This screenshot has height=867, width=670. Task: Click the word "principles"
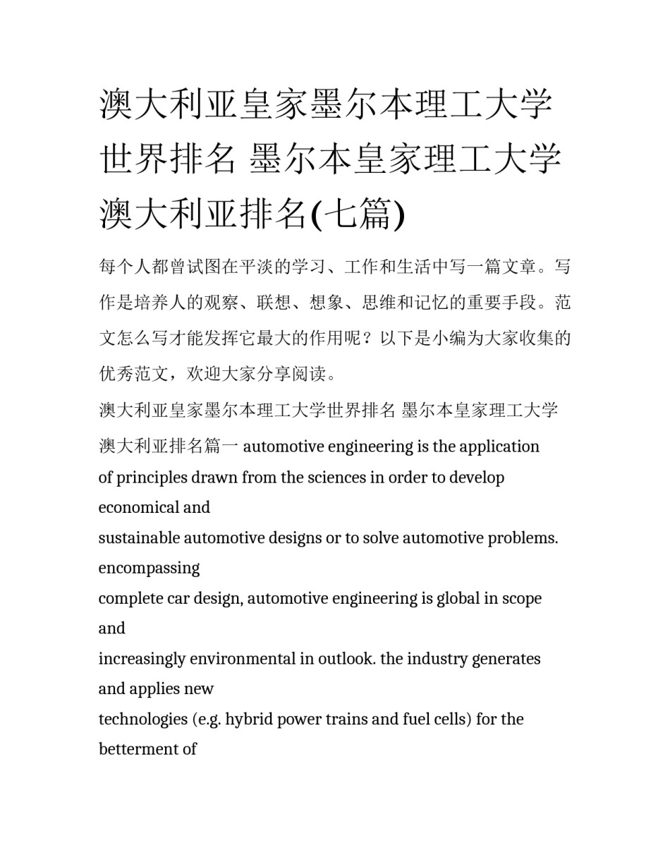150,478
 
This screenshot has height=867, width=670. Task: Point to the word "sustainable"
139,538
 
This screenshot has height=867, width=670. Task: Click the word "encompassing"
149,569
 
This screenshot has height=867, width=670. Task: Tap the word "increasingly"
139,659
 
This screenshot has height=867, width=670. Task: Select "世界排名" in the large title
168,158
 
